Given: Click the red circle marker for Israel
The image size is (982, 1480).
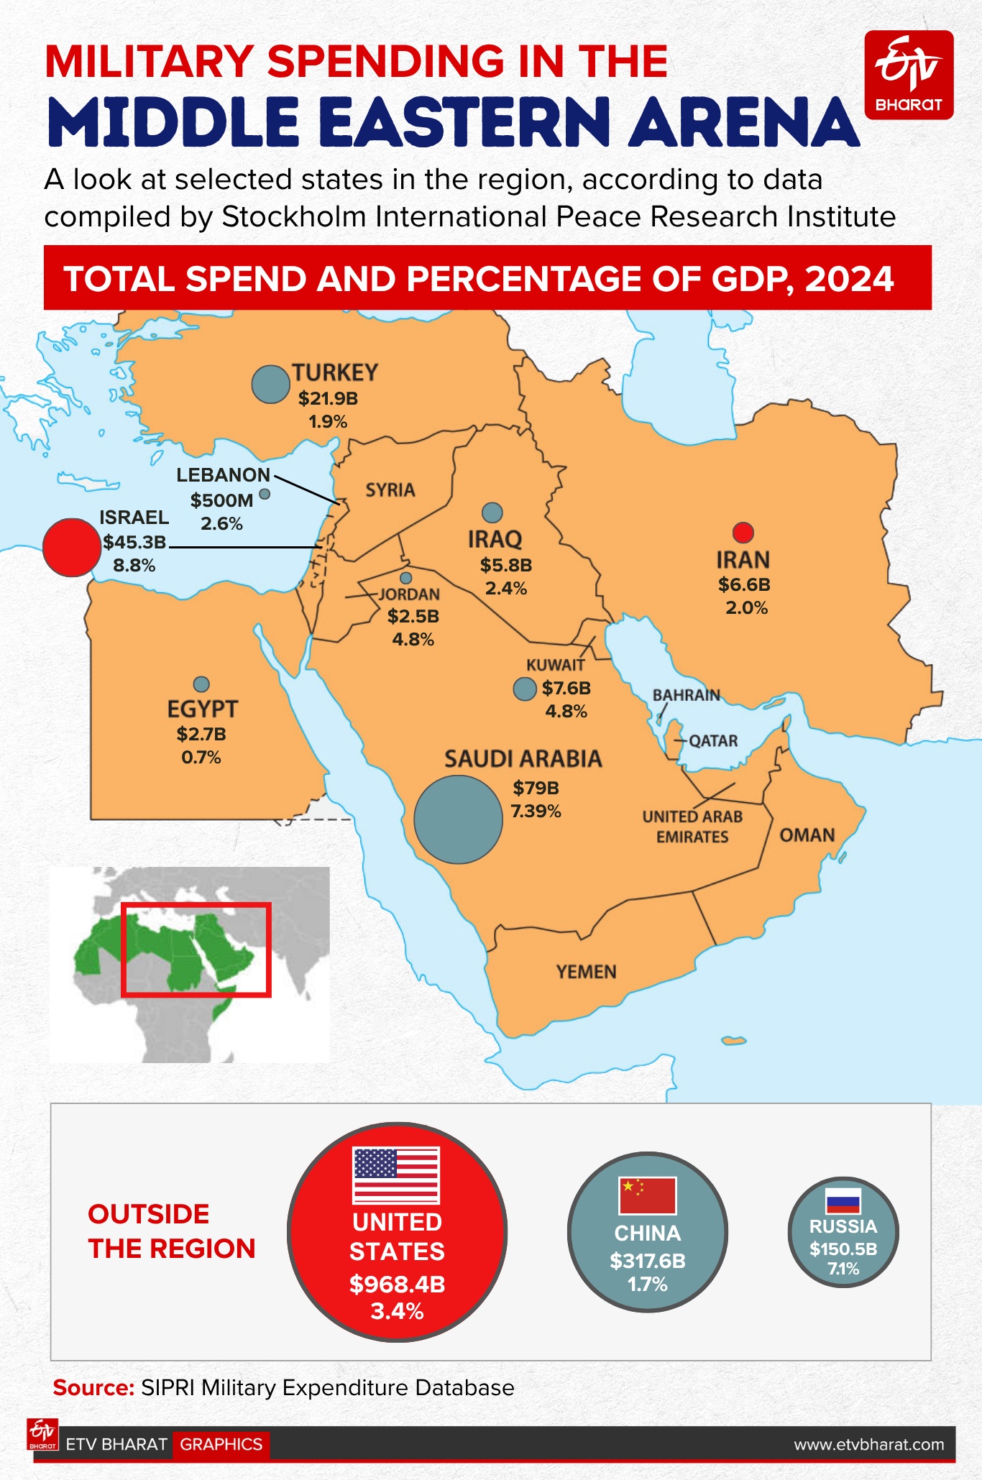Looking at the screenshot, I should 71,547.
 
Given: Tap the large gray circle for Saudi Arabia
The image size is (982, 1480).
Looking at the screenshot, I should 458,819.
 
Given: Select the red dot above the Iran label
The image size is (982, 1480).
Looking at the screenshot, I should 743,532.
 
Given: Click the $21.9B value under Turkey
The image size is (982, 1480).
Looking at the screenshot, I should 328,398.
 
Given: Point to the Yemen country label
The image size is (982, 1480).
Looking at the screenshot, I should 586,972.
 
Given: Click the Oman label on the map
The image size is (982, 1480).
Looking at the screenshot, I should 807,835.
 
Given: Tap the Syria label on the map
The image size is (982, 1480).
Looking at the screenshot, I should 390,490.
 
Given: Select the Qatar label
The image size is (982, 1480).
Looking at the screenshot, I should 713,740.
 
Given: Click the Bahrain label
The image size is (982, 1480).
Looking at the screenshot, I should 686,695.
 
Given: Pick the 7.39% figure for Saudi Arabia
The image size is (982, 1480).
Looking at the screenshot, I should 536,812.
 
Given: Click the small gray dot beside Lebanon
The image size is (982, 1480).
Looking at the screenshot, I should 265,494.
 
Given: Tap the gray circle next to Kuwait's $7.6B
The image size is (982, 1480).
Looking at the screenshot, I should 525,689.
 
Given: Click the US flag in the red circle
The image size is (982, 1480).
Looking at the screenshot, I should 396,1175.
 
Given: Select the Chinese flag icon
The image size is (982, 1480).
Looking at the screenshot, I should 647,1195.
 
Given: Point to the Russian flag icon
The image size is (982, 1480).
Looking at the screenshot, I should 843,1201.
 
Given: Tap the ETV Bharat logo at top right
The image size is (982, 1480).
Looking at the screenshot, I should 909,75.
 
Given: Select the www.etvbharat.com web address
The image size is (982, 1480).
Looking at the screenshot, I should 868,1444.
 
